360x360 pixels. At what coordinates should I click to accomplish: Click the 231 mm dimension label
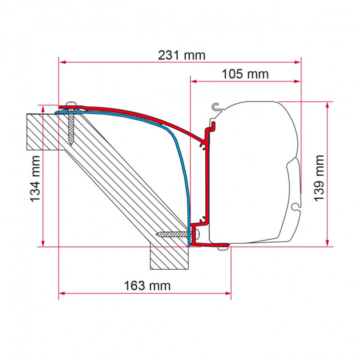[x=181, y=55]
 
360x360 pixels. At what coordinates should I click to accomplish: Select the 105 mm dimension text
[x=245, y=74]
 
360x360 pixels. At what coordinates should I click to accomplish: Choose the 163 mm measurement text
[x=147, y=286]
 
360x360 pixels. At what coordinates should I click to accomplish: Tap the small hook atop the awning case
[x=216, y=106]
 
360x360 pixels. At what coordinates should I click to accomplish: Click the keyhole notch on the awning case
[x=297, y=204]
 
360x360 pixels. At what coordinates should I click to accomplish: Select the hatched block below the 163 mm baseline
[x=170, y=257]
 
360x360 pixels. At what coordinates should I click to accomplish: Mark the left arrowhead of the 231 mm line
[x=61, y=62]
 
